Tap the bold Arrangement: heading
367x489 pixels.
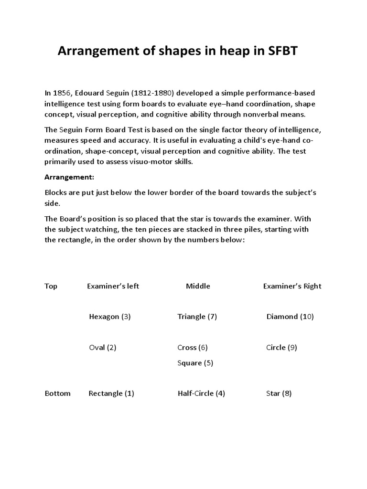pos(69,177)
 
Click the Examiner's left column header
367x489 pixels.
pos(113,286)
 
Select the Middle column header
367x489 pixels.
pos(198,286)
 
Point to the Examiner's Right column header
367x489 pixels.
pos(292,286)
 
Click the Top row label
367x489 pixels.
pos(51,286)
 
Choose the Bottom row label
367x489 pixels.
pos(57,393)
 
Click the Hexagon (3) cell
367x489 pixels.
pos(110,317)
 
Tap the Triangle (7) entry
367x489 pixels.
pos(197,317)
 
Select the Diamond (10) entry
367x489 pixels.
pos(290,317)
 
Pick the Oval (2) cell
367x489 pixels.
pos(103,348)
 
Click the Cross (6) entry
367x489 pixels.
pos(192,348)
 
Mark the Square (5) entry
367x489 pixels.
pos(195,363)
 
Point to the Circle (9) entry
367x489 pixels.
pos(281,348)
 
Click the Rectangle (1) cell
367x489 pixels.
pos(111,393)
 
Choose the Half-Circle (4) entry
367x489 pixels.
pos(201,393)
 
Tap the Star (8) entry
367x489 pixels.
pos(279,393)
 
